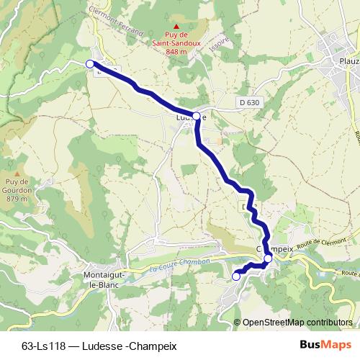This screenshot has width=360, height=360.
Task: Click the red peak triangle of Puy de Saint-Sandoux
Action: pyautogui.click(x=176, y=25)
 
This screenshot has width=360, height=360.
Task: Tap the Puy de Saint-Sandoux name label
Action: pyautogui.click(x=176, y=39)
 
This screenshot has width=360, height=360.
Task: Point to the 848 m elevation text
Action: pyautogui.click(x=176, y=52)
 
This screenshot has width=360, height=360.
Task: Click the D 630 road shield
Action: pyautogui.click(x=249, y=103)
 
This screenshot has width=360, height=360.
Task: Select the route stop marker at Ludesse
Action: pyautogui.click(x=196, y=115)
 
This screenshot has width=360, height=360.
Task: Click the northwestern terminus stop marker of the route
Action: pyautogui.click(x=90, y=64)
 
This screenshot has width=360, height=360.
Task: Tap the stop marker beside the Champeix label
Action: pyautogui.click(x=268, y=258)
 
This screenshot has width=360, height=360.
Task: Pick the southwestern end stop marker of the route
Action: pyautogui.click(x=235, y=276)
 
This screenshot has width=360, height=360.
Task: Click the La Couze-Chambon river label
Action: pyautogui.click(x=180, y=265)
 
